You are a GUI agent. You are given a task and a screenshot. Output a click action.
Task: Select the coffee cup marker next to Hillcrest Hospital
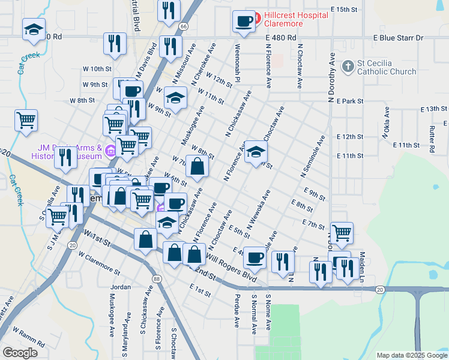pos(244,22)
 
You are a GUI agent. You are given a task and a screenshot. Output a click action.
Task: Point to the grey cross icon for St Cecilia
pos(348,66)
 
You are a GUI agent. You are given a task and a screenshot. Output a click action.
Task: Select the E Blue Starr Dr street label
pos(398,38)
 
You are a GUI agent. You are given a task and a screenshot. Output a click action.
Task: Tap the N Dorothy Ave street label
pos(331,78)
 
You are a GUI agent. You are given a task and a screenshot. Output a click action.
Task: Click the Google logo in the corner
pos(20,353)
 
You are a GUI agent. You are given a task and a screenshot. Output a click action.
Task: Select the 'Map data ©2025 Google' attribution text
pos(411,355)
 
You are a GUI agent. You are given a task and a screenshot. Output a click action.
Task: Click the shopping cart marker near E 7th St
pos(342,233)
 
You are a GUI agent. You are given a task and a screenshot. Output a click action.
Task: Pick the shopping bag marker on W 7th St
pos(197,167)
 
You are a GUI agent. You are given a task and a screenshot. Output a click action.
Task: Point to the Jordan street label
pos(121,287)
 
